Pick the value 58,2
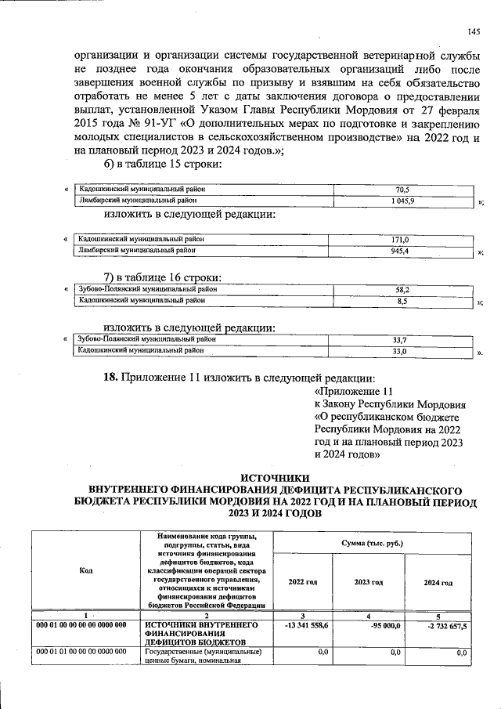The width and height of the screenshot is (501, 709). (402, 289)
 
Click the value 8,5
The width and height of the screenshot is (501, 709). (402, 300)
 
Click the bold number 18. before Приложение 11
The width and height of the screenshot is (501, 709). (113, 377)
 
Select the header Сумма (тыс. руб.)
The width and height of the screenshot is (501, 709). (373, 542)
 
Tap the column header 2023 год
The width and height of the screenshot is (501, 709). (368, 582)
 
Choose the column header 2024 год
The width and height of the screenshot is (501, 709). (438, 582)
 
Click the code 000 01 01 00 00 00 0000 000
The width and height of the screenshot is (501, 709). (81, 652)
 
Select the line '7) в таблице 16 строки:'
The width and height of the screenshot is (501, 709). (163, 277)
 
